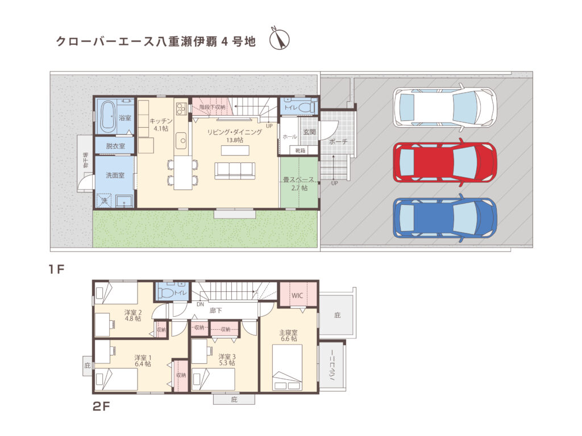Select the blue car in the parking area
(444, 218)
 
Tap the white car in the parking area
(444, 107)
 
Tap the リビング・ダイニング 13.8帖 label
(234, 135)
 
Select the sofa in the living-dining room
(234, 170)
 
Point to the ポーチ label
(338, 142)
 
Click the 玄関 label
(309, 132)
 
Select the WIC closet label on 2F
(298, 295)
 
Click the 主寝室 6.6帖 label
(289, 335)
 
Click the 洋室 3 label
(227, 359)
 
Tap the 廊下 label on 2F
(215, 311)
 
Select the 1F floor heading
(57, 270)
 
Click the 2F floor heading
(102, 406)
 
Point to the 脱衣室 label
(115, 146)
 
